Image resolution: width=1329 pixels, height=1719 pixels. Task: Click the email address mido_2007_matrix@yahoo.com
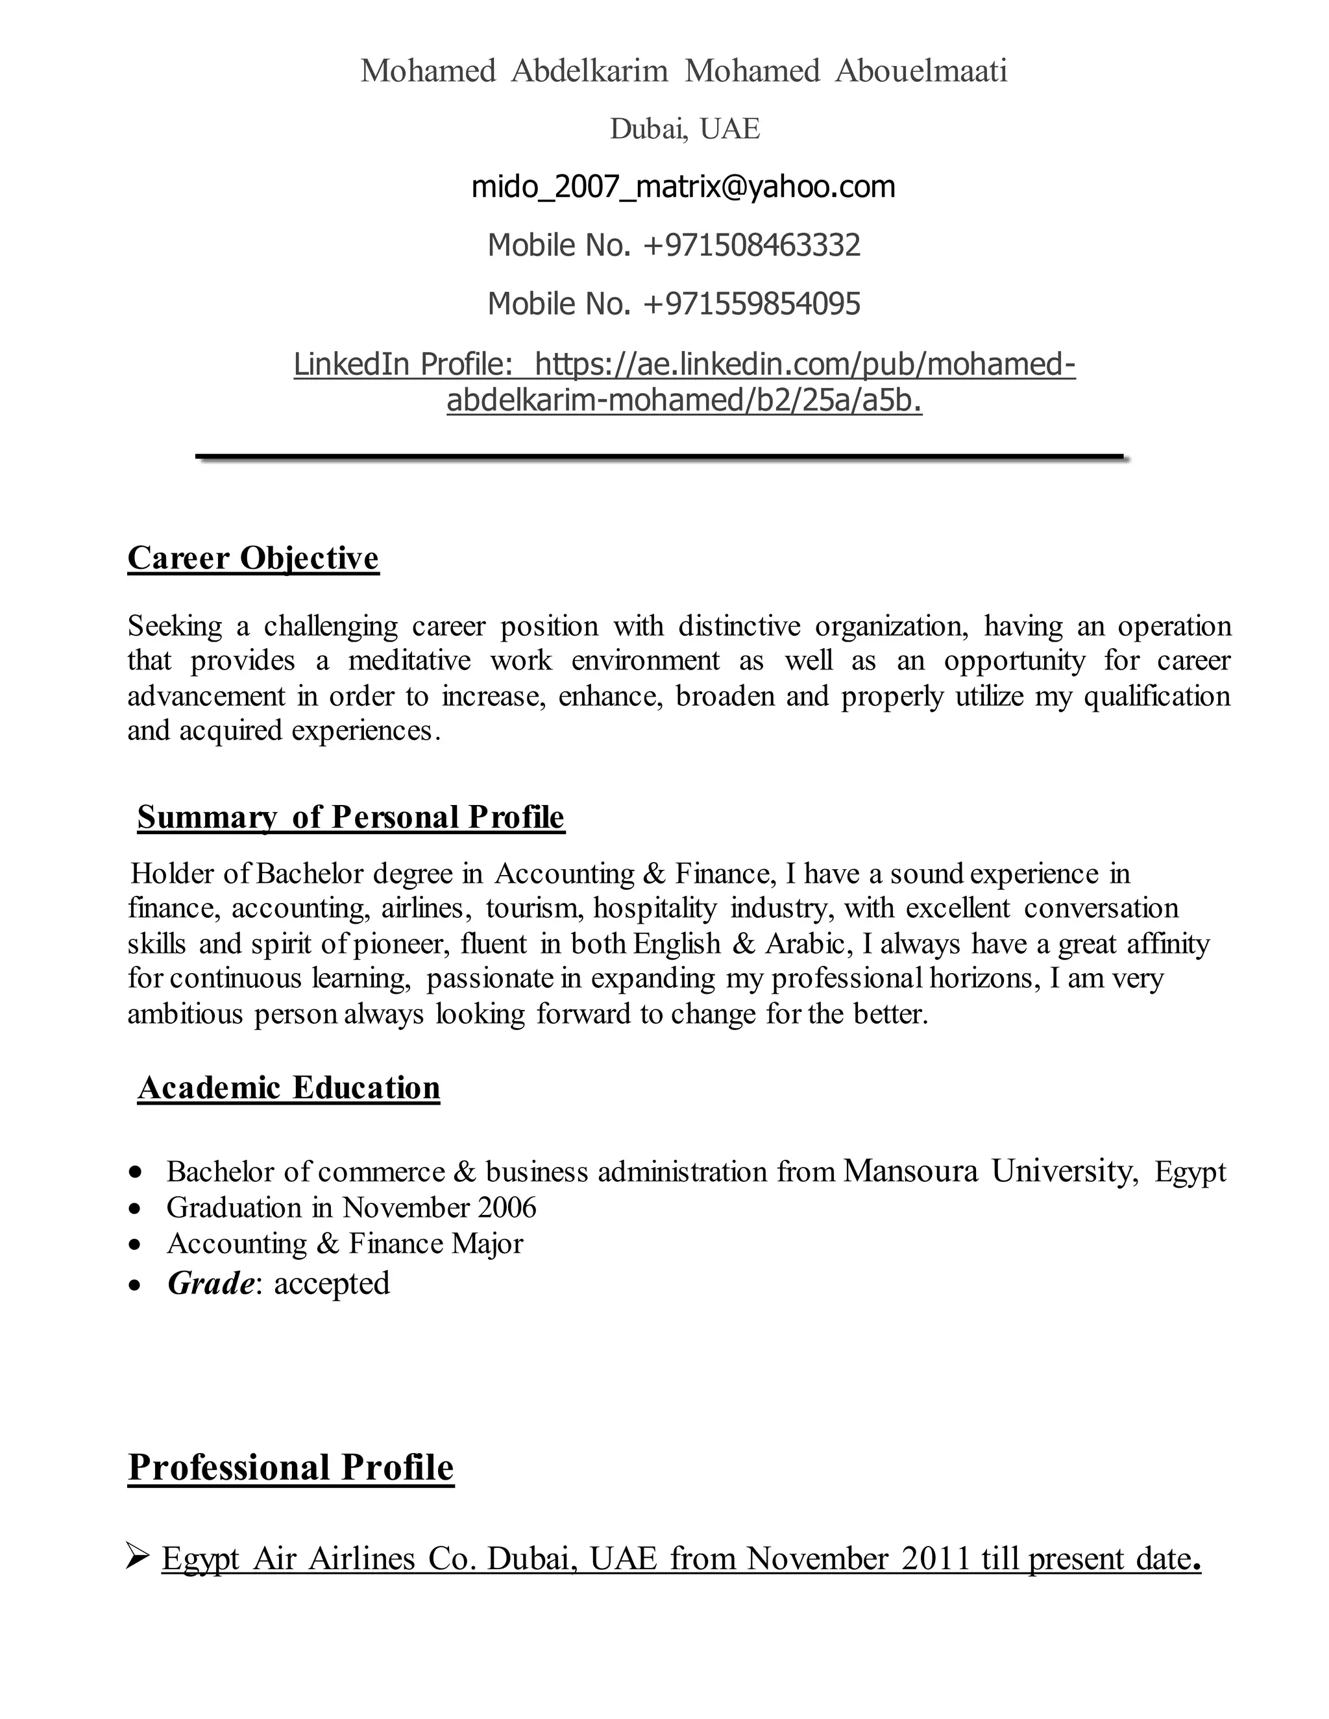[683, 187]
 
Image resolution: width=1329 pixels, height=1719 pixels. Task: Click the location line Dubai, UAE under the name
[684, 129]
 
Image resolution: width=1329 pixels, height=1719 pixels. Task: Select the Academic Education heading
[288, 1088]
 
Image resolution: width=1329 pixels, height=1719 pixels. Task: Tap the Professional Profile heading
[291, 1468]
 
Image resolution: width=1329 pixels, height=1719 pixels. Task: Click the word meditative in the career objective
[409, 660]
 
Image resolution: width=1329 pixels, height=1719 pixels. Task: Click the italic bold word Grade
[210, 1284]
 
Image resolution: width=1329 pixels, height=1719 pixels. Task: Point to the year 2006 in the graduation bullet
[507, 1208]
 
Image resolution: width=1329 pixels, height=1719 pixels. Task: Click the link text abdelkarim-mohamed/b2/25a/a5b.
[683, 402]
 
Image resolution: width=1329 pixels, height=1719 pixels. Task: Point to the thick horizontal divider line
[660, 456]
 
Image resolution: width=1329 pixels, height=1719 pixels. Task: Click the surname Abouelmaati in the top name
[920, 71]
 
